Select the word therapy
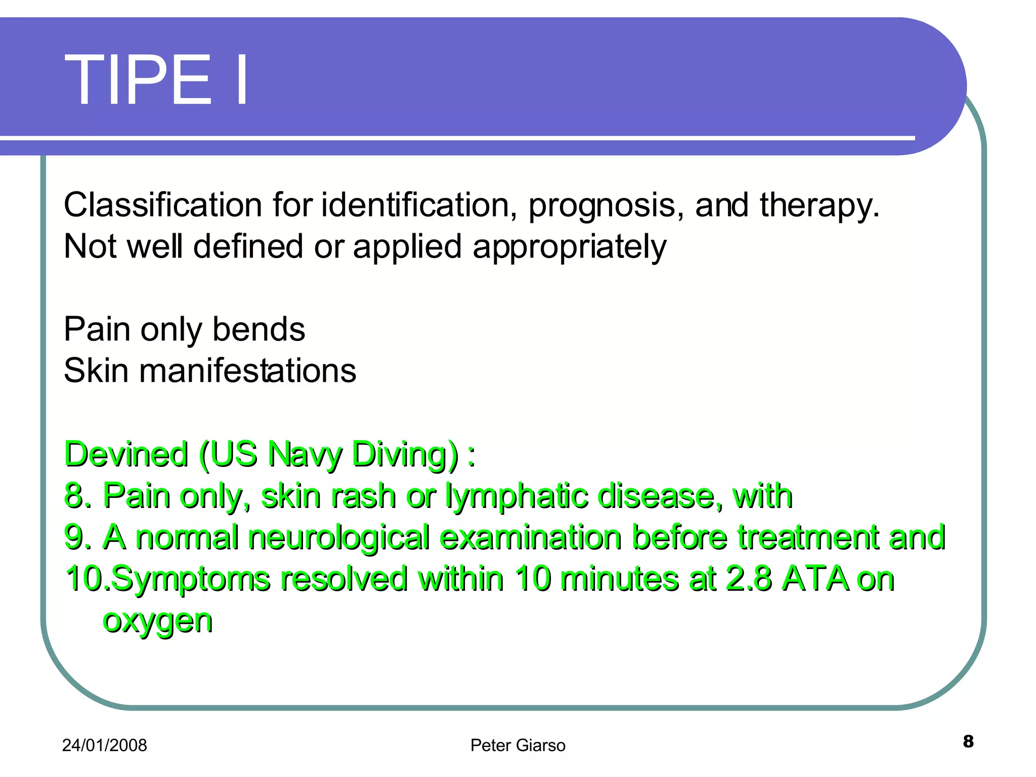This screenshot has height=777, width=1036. point(819,206)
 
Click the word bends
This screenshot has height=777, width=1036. point(258,330)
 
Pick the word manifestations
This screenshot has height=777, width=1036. point(248,371)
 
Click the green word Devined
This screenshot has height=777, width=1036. point(126,454)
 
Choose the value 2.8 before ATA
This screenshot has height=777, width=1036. point(749,579)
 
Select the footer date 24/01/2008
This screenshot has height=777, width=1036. point(104,746)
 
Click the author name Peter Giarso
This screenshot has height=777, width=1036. point(517,746)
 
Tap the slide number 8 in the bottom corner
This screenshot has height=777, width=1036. point(968,742)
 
